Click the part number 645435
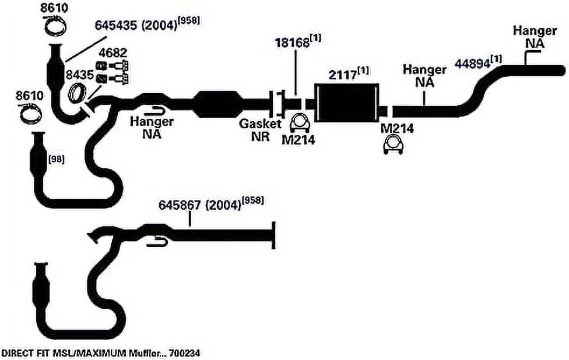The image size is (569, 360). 116,26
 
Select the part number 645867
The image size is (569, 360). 179,206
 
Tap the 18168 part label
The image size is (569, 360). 292,43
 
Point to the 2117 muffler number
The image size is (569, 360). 343,75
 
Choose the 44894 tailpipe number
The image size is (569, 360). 472,63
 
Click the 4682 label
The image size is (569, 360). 113,53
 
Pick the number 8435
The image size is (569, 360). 79,75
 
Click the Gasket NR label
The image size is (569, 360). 260,130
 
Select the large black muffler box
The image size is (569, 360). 346,103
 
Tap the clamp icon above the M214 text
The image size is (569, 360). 299,123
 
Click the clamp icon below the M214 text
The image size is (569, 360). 394,144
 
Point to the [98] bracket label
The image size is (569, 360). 57,159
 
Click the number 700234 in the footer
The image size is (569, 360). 185,353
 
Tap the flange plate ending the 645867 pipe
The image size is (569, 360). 273,236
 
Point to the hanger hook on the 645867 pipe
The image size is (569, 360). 157,241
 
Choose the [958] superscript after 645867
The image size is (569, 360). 252,200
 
